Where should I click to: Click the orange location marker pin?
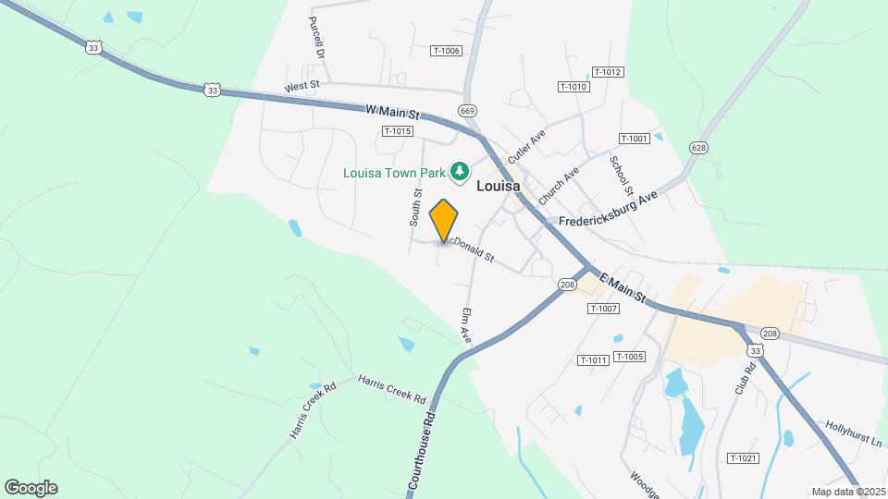tap(445, 221)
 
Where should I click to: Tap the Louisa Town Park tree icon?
tap(459, 171)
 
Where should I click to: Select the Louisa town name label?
tap(498, 186)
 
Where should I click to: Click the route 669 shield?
tap(468, 111)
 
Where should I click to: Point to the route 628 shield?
tap(698, 148)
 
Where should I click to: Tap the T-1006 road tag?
tap(446, 51)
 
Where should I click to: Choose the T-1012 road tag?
tap(607, 72)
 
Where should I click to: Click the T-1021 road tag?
tap(743, 458)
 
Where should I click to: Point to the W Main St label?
tap(393, 111)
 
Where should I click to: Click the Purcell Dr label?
tap(318, 37)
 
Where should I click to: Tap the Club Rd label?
tap(746, 378)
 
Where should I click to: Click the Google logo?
tap(31, 488)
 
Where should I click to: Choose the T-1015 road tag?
tap(396, 131)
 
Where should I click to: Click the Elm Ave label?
tap(465, 326)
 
